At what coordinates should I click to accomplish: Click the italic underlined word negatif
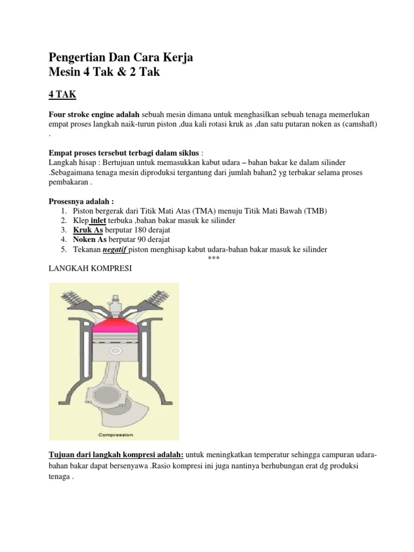click(118, 249)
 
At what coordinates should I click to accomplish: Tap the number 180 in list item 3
click(140, 230)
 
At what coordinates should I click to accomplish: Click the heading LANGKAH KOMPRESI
click(91, 268)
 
